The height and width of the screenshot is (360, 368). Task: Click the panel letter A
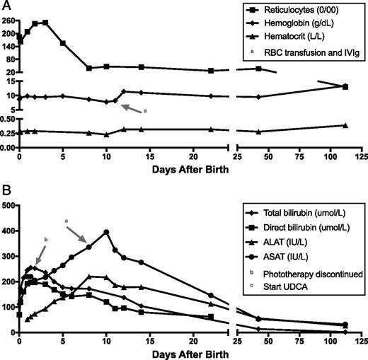[6, 6]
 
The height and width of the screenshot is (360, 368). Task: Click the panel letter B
[6, 189]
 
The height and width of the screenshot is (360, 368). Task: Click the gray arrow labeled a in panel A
[131, 108]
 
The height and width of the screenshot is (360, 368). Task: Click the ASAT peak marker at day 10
[106, 232]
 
